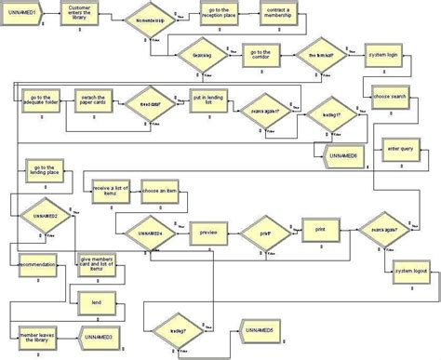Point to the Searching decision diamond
[x=202, y=54]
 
